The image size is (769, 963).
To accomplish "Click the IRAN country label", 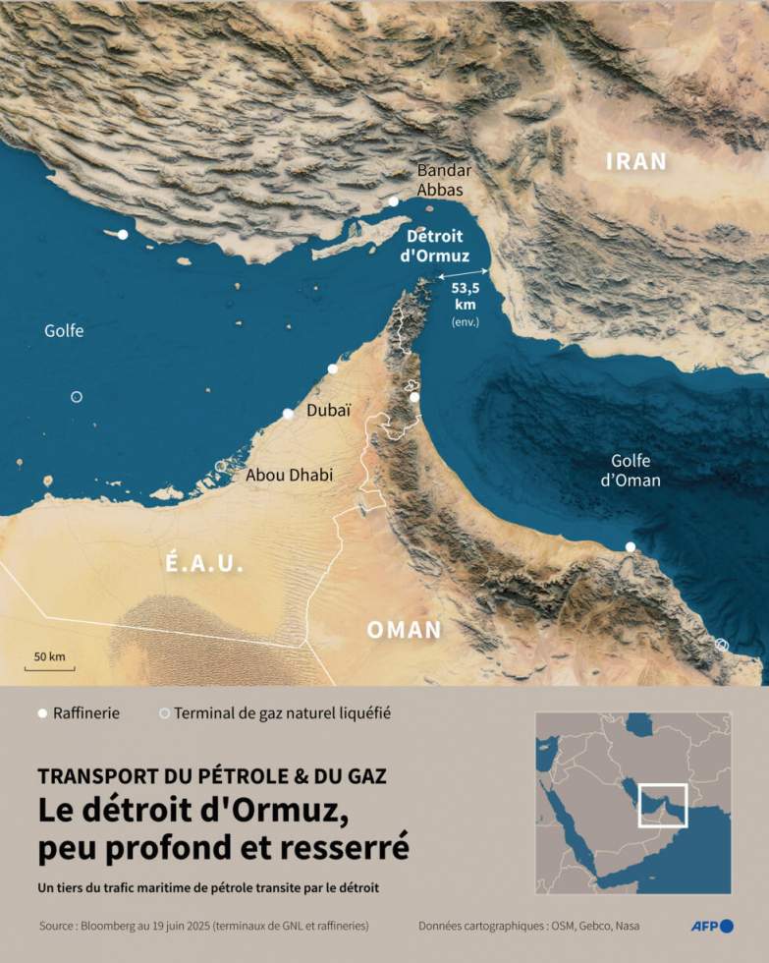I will (x=635, y=161).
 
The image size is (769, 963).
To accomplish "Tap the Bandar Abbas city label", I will (x=444, y=180).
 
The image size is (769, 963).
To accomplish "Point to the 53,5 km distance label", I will (x=465, y=296).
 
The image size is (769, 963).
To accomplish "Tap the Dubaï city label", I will (x=329, y=411).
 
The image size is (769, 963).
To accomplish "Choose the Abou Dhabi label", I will (x=290, y=475).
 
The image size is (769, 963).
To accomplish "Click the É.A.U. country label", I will (x=204, y=564).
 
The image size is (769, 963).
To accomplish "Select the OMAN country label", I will (x=404, y=630).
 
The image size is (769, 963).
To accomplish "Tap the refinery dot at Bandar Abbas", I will (x=393, y=200).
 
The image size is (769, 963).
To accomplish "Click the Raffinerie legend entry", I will (x=80, y=713).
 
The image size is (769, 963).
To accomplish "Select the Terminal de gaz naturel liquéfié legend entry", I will (x=285, y=713).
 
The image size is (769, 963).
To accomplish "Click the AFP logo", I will (x=712, y=926).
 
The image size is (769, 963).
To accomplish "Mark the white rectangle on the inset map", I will (x=662, y=806).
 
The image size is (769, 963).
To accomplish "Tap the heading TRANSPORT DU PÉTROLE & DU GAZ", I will (x=212, y=774).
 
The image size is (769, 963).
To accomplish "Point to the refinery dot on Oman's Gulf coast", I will (x=631, y=546).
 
